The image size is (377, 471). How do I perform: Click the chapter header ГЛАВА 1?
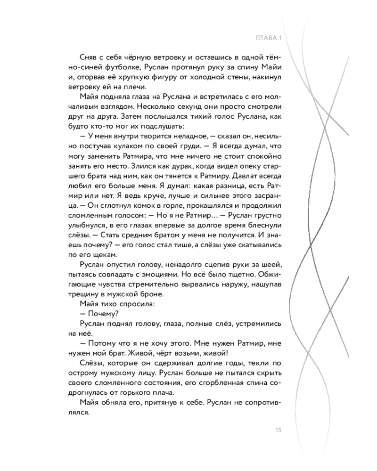(268, 38)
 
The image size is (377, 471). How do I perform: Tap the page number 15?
(278, 429)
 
